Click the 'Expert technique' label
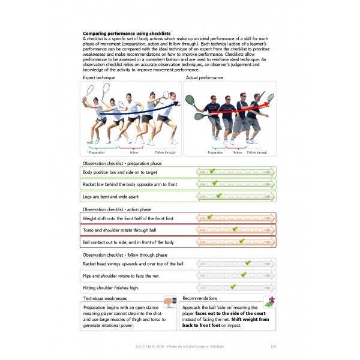pos(98,78)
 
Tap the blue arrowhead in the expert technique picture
pos(176,103)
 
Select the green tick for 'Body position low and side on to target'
pos(212,172)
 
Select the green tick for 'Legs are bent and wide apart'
pos(219,196)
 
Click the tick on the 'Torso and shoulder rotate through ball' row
pos(235,229)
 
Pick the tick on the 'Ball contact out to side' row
pos(242,242)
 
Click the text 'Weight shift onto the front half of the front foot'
pos(128,218)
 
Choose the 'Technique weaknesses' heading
pos(105,298)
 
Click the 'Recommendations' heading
pos(200,298)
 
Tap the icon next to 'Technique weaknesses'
pos(170,302)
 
